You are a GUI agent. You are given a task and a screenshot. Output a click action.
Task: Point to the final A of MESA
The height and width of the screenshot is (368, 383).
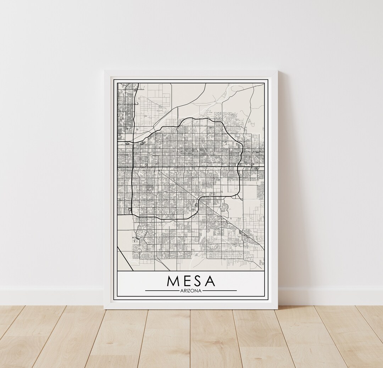point(210,281)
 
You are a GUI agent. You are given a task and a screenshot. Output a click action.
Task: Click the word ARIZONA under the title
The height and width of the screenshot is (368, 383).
point(191,291)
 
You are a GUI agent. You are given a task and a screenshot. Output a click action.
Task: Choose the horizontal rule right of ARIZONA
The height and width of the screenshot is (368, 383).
point(220,291)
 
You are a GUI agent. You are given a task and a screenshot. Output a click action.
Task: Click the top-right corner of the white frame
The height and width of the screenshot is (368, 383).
point(277,71)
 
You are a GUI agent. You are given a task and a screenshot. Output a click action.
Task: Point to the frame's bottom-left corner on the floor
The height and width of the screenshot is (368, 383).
point(105,309)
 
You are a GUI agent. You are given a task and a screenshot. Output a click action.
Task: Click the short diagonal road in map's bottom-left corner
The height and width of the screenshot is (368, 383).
point(125,258)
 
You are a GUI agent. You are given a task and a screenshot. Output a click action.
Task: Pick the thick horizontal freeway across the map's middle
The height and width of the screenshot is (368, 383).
point(191,167)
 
